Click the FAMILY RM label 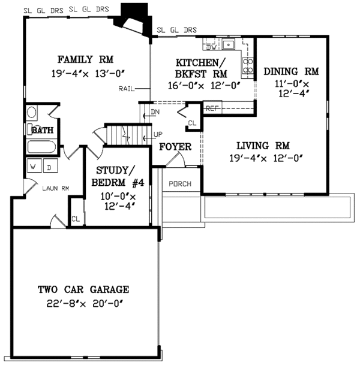[x=85, y=59]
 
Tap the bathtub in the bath [x=41, y=147]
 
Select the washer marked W [x=34, y=167]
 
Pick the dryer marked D [x=49, y=167]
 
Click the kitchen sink [x=228, y=44]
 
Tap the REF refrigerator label [x=211, y=108]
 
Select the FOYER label [x=175, y=147]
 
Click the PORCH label [x=180, y=183]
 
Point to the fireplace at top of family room [x=134, y=18]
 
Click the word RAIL [x=126, y=89]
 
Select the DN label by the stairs [x=155, y=112]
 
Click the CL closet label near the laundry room [x=76, y=219]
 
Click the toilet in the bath [x=32, y=112]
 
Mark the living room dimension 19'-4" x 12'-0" [x=263, y=158]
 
